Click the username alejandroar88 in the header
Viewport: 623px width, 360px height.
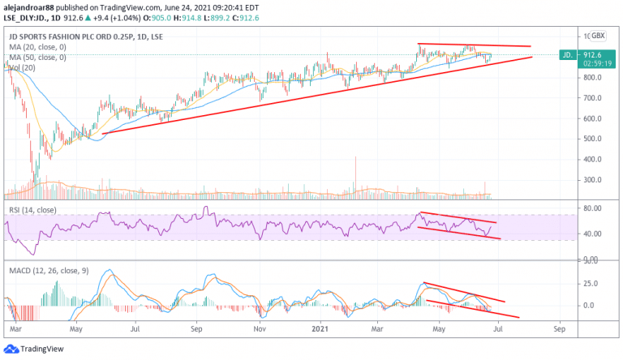30,6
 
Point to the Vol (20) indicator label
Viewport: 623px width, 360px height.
21,67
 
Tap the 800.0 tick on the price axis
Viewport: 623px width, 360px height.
594,78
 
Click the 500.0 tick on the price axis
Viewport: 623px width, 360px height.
594,139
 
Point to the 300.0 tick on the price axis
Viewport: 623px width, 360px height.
594,180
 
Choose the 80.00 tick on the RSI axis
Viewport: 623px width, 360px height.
594,208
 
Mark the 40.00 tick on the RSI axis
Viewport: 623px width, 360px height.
594,234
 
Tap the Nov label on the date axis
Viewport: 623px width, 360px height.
259,331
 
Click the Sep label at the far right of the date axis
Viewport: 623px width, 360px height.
559,331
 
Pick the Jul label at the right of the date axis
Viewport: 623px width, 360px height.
499,331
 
